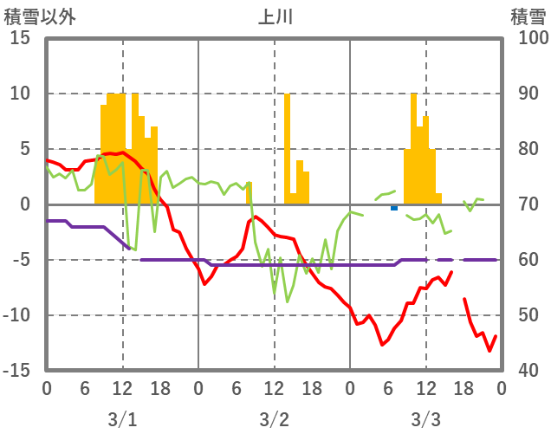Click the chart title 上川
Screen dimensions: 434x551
[x=274, y=16]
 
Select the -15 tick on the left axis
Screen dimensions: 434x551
[x=18, y=371]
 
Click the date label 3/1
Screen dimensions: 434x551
[x=122, y=419]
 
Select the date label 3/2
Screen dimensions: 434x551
[x=274, y=419]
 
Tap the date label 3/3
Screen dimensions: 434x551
[x=425, y=419]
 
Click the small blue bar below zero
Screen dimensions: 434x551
[x=394, y=207]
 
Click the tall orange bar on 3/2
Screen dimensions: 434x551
[x=287, y=147]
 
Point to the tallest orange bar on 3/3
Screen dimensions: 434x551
[x=413, y=147]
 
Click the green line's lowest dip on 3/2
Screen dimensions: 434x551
[x=288, y=301]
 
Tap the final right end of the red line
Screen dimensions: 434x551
[x=496, y=336]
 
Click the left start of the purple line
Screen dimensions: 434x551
[x=47, y=221]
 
